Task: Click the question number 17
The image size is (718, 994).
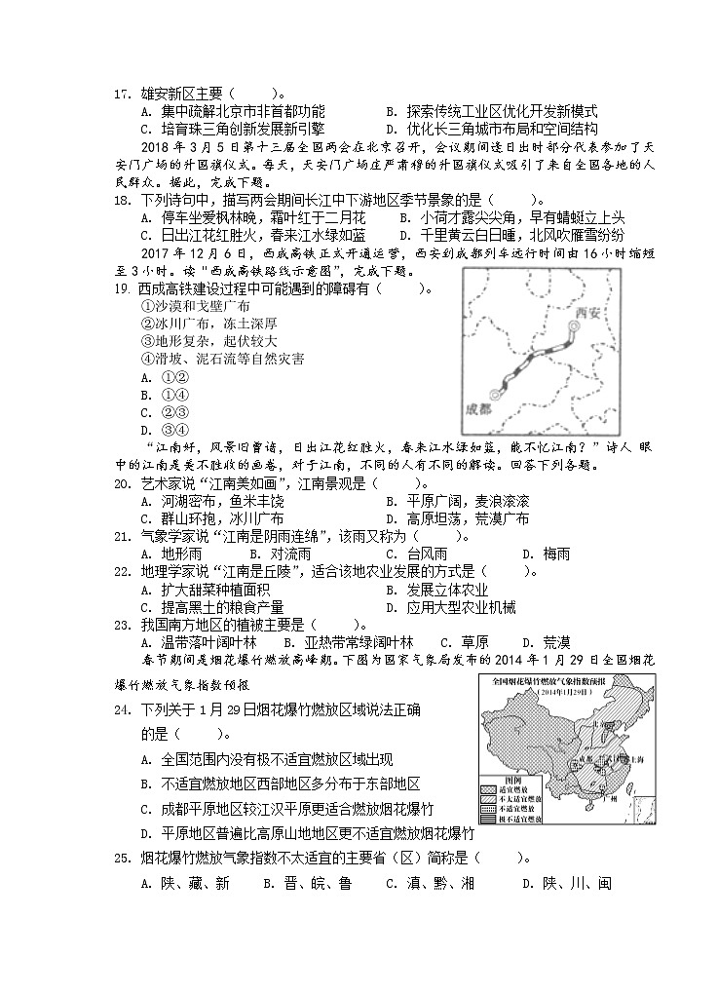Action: [122, 95]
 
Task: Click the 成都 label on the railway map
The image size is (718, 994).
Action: [481, 408]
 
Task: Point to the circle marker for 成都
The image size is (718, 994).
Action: [500, 395]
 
